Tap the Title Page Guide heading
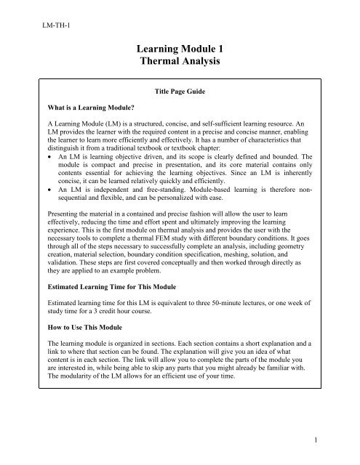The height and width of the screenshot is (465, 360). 180,94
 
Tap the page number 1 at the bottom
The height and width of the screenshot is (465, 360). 342,440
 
